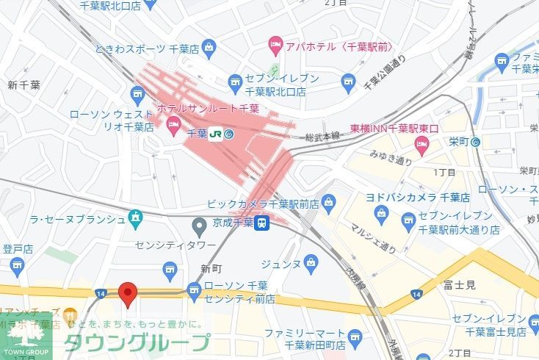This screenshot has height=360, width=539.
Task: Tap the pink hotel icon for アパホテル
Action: (276, 45)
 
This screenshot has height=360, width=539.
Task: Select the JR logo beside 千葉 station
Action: (217, 134)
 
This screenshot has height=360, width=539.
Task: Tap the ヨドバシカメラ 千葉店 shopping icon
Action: (381, 214)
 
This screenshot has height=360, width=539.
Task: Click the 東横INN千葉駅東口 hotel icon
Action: (422, 143)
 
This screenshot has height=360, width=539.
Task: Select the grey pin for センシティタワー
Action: (199, 226)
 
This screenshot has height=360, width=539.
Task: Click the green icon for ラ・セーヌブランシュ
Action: (135, 218)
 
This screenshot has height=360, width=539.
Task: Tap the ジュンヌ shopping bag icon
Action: (312, 262)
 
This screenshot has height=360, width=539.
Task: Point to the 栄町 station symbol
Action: (477, 142)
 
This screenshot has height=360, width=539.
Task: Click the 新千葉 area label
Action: (23, 85)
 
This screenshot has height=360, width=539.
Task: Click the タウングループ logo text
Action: (137, 343)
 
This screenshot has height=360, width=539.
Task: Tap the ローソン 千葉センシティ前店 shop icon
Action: (194, 292)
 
